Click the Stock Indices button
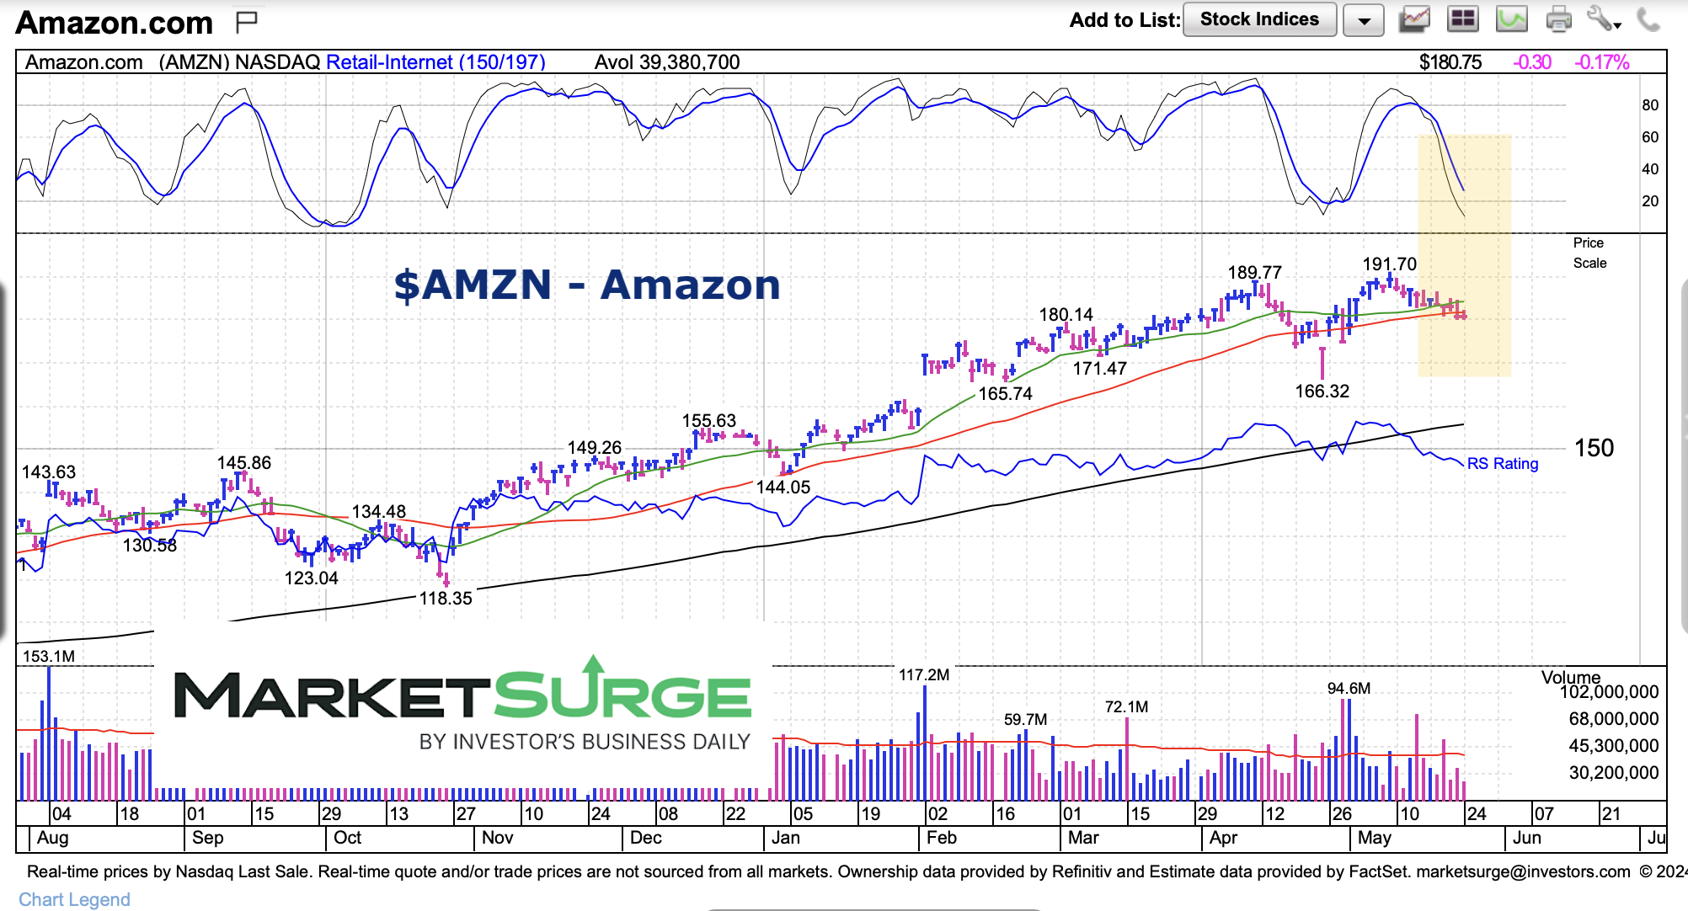pyautogui.click(x=1259, y=19)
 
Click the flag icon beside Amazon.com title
pyautogui.click(x=246, y=22)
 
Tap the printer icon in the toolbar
pyautogui.click(x=1558, y=19)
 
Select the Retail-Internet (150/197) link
pyautogui.click(x=435, y=62)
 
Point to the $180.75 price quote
pyautogui.click(x=1450, y=62)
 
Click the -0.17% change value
pyautogui.click(x=1601, y=62)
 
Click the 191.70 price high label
pyautogui.click(x=1389, y=264)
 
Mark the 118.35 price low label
pyautogui.click(x=446, y=599)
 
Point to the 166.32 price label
pyautogui.click(x=1322, y=392)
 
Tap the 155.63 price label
pyautogui.click(x=708, y=421)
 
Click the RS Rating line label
pyautogui.click(x=1502, y=464)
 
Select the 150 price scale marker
pyautogui.click(x=1594, y=448)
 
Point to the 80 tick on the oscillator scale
pyautogui.click(x=1649, y=105)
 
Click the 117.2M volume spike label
pyautogui.click(x=923, y=675)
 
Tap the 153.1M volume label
pyautogui.click(x=49, y=656)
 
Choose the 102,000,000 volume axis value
pyautogui.click(x=1609, y=692)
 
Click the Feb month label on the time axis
pyautogui.click(x=941, y=838)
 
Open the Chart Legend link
pyautogui.click(x=74, y=899)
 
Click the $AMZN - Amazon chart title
pyautogui.click(x=587, y=285)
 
